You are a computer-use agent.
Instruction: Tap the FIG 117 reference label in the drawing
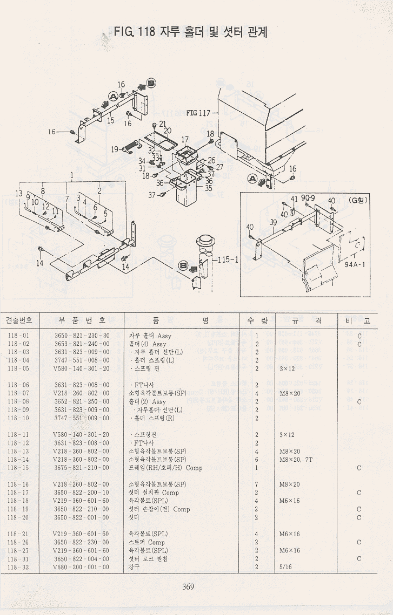coord(198,113)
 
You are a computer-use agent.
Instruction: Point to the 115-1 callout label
coord(228,259)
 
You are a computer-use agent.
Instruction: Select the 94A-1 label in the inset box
coord(355,265)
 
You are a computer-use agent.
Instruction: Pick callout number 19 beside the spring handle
coord(115,149)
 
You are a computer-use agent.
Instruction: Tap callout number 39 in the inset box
coord(273,222)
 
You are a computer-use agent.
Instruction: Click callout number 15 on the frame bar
coord(110,121)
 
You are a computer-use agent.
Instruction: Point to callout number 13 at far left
coord(19,193)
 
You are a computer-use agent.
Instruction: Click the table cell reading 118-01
coord(18,336)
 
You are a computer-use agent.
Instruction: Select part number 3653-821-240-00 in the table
coord(82,344)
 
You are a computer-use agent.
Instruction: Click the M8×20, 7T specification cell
coord(296,459)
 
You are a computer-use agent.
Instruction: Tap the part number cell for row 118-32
coord(82,567)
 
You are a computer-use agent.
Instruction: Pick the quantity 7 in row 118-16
coord(256,484)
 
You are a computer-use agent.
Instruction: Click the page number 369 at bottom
coord(188,587)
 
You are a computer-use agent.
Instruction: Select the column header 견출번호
coord(19,320)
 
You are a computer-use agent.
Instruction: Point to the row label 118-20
coord(18,517)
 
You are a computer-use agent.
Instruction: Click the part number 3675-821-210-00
coord(82,468)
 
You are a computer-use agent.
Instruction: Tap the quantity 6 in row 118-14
coord(256,459)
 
